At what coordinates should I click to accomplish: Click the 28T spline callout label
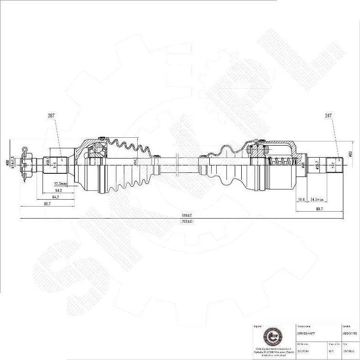(51, 116)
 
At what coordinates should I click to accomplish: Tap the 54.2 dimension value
(59, 190)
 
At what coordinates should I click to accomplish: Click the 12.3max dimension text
(61, 183)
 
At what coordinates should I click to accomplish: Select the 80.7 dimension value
(319, 209)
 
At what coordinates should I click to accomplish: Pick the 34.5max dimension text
(317, 199)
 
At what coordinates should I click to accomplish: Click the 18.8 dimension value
(301, 199)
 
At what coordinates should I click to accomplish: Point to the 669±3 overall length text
(186, 216)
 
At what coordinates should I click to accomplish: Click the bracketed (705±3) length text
(186, 221)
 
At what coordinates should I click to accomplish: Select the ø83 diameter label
(351, 154)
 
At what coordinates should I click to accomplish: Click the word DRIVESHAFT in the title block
(306, 333)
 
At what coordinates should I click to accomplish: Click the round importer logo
(271, 337)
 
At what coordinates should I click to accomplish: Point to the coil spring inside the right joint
(281, 162)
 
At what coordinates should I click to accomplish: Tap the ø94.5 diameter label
(135, 161)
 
